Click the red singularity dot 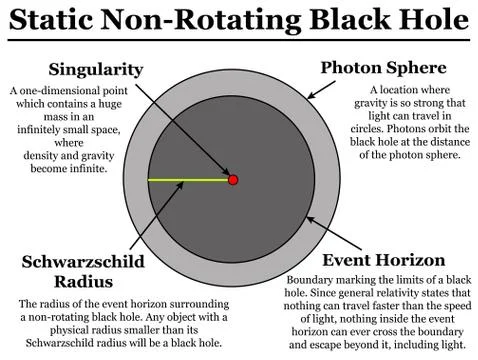[x=233, y=180]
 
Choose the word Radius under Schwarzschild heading [x=83, y=281]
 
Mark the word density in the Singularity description [x=49, y=156]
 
